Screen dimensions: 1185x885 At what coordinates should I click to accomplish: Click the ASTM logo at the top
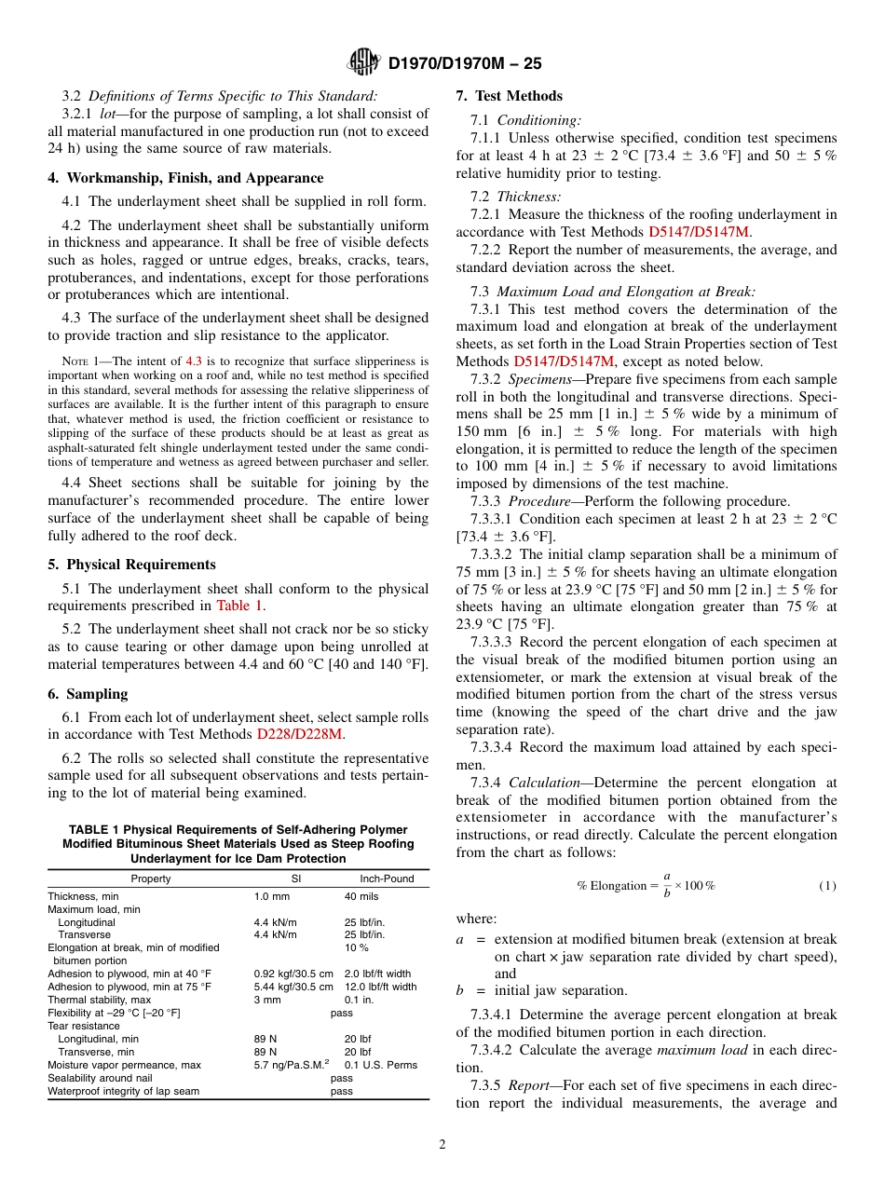362,62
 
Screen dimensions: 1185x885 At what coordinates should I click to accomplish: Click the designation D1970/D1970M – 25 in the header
464,64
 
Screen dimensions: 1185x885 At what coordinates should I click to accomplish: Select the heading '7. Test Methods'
509,96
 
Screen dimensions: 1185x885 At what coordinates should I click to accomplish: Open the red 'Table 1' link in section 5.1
239,606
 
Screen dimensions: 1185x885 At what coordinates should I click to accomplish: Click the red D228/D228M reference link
300,734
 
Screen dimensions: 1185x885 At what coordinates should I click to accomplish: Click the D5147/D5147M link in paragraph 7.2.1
699,232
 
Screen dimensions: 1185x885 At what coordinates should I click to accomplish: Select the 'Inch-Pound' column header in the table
387,879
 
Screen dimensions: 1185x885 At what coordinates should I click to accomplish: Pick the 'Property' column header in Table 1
150,879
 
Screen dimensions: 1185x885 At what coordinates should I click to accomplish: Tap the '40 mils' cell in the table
361,897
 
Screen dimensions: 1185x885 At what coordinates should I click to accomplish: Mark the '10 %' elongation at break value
356,947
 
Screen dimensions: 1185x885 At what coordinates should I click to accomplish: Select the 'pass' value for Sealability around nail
342,1078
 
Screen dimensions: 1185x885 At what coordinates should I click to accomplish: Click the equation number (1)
827,886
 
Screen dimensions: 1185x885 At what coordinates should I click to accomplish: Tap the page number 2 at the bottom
442,1145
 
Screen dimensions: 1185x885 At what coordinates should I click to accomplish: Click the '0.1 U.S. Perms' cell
380,1065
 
